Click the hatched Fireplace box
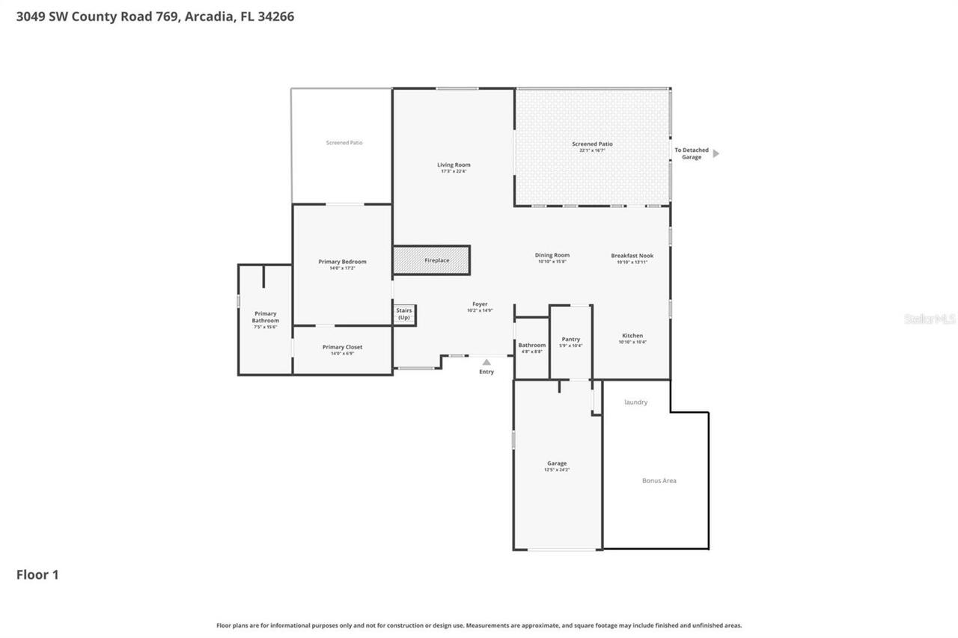point(431,260)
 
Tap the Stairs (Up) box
point(404,314)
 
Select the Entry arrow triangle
point(486,362)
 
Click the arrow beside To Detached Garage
point(716,153)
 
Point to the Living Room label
point(454,165)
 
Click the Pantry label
point(571,339)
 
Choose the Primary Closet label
point(342,347)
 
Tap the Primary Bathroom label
point(265,317)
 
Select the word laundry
point(636,402)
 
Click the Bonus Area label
point(659,480)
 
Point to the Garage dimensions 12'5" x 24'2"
point(558,470)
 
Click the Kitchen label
point(632,336)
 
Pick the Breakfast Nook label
point(632,256)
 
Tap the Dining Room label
point(552,255)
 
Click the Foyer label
point(480,304)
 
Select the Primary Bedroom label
point(342,262)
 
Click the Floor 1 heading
point(37,574)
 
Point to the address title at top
point(155,16)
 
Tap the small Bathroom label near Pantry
point(532,345)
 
